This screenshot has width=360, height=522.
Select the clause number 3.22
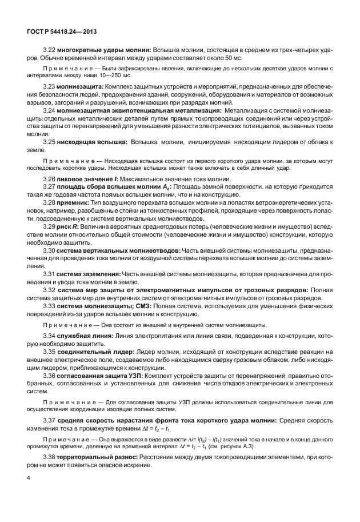coord(50,50)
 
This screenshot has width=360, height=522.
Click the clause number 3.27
coord(50,187)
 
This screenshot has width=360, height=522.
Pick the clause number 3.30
coord(50,250)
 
